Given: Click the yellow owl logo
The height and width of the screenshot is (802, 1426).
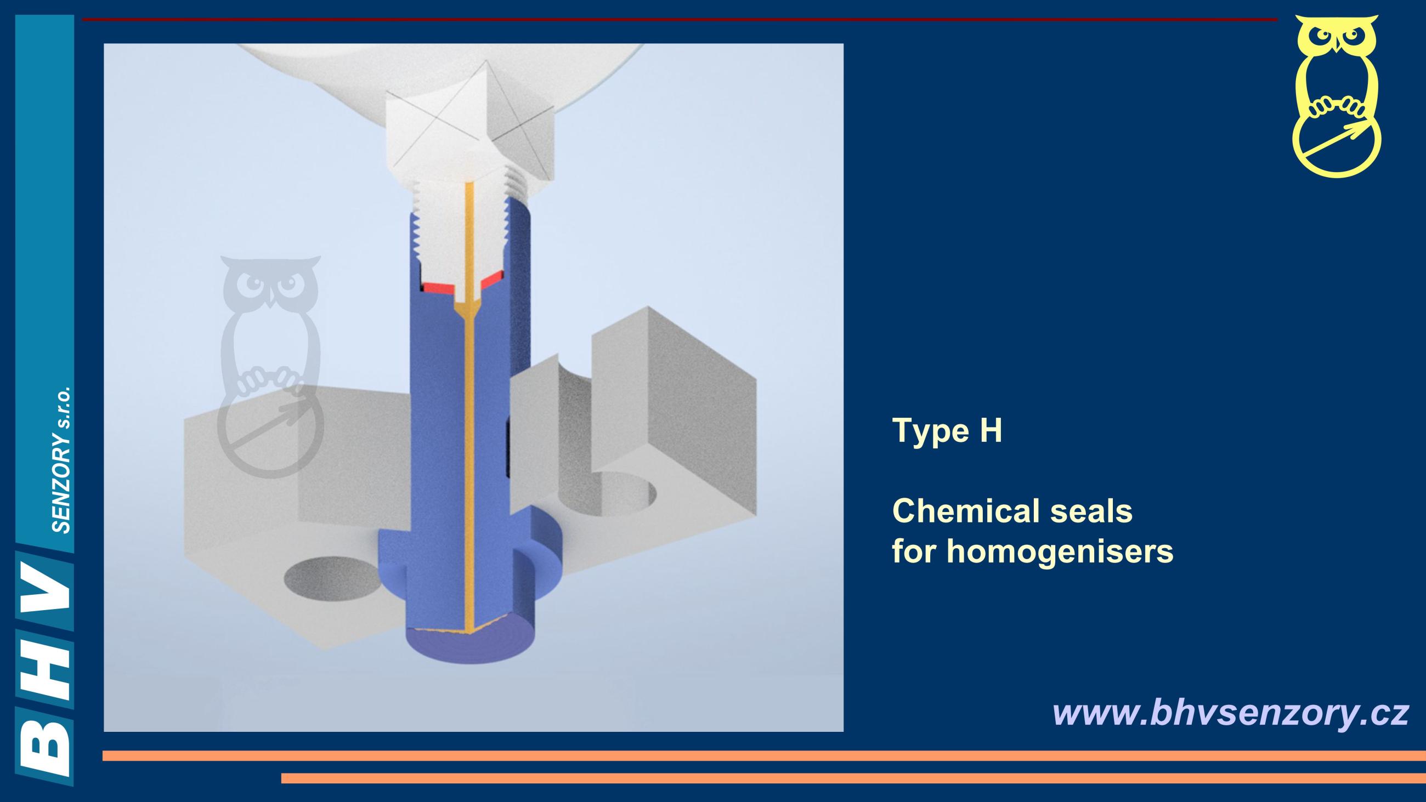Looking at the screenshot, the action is tap(1336, 96).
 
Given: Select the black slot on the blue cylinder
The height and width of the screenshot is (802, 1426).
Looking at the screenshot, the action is tap(508, 448).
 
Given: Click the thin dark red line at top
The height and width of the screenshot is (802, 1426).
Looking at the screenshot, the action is tap(680, 19).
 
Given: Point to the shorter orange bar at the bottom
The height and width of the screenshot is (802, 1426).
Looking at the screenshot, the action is tap(853, 778).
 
